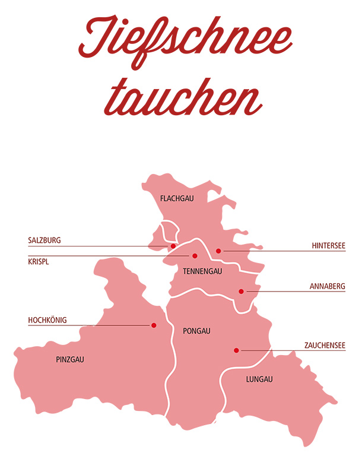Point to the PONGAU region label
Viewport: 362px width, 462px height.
(x=198, y=331)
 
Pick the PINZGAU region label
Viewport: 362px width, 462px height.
(x=70, y=359)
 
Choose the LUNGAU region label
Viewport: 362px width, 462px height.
(x=259, y=379)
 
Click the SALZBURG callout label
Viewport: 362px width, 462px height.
(x=45, y=241)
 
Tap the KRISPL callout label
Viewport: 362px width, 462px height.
(x=39, y=260)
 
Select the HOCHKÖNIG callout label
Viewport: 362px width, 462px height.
(x=48, y=320)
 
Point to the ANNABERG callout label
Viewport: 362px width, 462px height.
(x=327, y=286)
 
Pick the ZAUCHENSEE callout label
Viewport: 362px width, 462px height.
(x=324, y=345)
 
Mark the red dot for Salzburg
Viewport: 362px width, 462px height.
(x=173, y=246)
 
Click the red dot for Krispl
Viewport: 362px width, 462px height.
(x=194, y=256)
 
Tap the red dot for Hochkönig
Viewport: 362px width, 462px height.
(x=154, y=325)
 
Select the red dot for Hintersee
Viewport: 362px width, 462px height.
(x=218, y=251)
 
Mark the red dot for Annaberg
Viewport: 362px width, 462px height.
(x=241, y=292)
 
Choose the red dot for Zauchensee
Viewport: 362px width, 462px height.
(x=236, y=350)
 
